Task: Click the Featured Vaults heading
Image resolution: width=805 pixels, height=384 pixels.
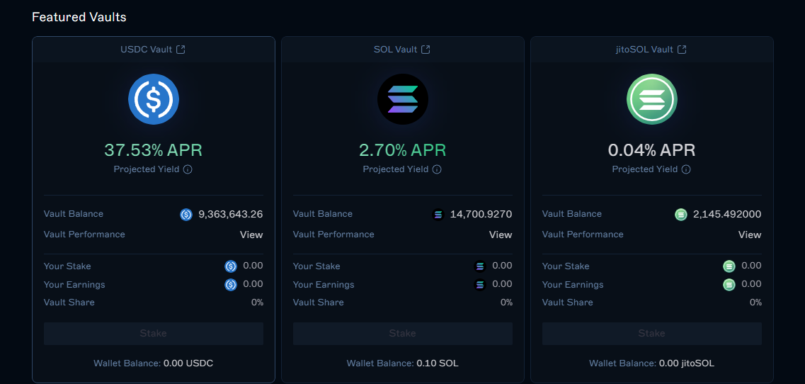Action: pyautogui.click(x=79, y=16)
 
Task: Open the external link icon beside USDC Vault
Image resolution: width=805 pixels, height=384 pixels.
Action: pyautogui.click(x=181, y=50)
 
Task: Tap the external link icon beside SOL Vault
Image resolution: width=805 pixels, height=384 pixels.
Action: pyautogui.click(x=426, y=50)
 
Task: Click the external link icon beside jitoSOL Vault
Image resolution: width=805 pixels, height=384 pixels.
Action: pyautogui.click(x=682, y=50)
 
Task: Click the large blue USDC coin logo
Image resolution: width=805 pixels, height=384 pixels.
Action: pyautogui.click(x=154, y=99)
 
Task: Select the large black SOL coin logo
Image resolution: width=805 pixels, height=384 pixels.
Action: pyautogui.click(x=403, y=99)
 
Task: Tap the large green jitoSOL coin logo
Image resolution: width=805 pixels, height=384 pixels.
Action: pyautogui.click(x=652, y=99)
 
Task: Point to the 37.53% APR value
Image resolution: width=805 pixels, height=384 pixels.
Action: pyautogui.click(x=154, y=150)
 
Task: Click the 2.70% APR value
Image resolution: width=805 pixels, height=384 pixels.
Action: pyautogui.click(x=403, y=150)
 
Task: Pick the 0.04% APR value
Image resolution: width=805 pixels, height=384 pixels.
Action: pyautogui.click(x=652, y=150)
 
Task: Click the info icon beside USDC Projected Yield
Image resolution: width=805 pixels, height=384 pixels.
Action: pyautogui.click(x=188, y=169)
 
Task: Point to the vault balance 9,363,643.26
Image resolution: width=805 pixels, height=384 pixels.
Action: pyautogui.click(x=231, y=214)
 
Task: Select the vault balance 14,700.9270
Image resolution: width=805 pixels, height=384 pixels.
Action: pyautogui.click(x=481, y=214)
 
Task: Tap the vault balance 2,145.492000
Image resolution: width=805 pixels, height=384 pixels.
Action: pyautogui.click(x=727, y=214)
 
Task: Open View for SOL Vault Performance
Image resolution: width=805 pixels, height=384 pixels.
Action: pyautogui.click(x=501, y=235)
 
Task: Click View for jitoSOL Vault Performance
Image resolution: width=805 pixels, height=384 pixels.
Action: pyautogui.click(x=750, y=235)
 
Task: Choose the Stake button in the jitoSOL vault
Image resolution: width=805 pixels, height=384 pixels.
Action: pyautogui.click(x=652, y=333)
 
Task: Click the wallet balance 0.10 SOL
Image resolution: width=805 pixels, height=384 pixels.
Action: pyautogui.click(x=438, y=363)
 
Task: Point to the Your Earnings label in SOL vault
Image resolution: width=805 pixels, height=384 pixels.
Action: pyautogui.click(x=324, y=285)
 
